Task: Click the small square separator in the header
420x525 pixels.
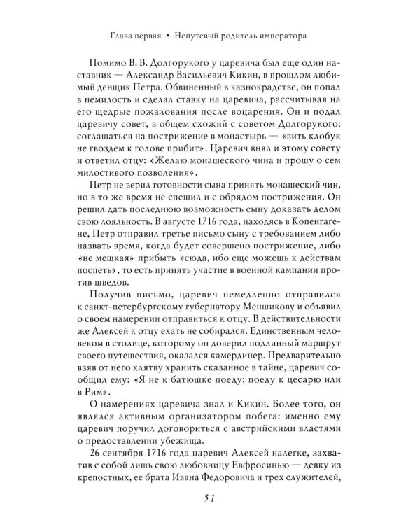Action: click(x=169, y=34)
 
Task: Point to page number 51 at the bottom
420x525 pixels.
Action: click(x=209, y=498)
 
